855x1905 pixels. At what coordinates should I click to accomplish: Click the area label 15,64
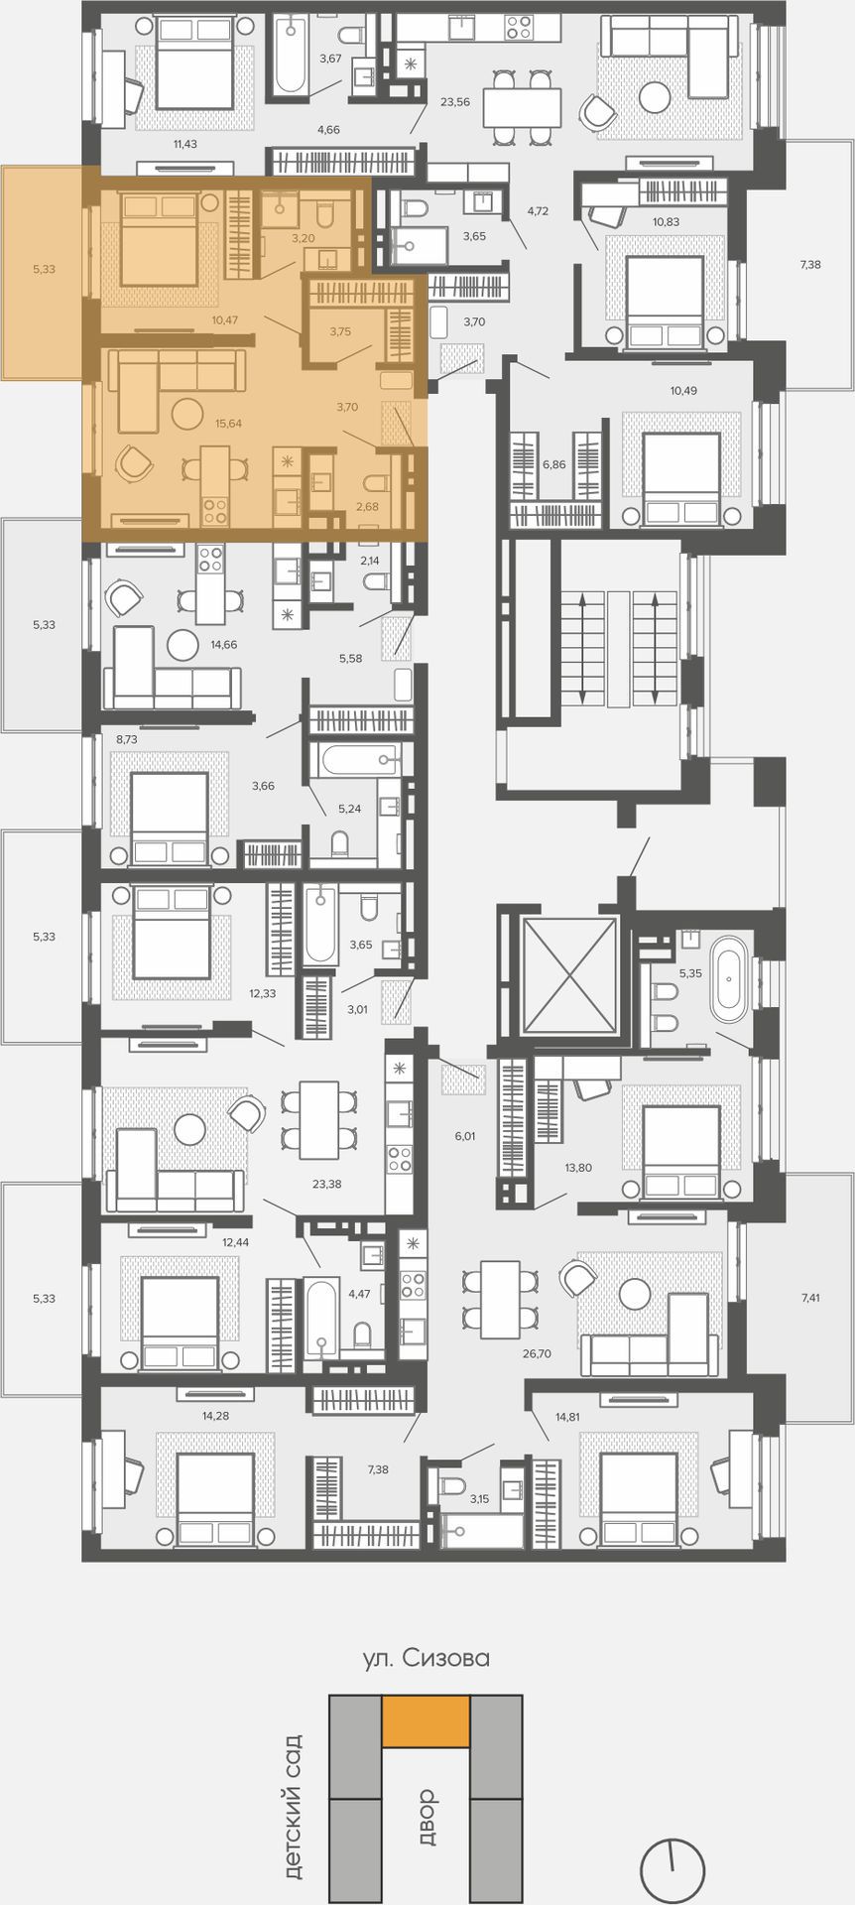pyautogui.click(x=228, y=424)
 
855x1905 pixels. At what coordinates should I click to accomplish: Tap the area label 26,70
pyautogui.click(x=537, y=1352)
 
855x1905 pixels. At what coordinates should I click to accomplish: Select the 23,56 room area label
pyautogui.click(x=455, y=101)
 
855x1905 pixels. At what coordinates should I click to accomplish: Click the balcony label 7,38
pyautogui.click(x=810, y=264)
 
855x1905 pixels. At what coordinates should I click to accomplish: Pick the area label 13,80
pyautogui.click(x=578, y=1168)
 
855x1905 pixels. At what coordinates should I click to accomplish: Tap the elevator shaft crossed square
pyautogui.click(x=569, y=975)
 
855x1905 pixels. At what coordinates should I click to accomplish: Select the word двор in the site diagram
pyautogui.click(x=427, y=1817)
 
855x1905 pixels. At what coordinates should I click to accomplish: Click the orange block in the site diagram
pyautogui.click(x=427, y=1721)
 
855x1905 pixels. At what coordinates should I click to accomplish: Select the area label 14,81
pyautogui.click(x=567, y=1417)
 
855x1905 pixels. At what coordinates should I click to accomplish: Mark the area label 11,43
pyautogui.click(x=185, y=145)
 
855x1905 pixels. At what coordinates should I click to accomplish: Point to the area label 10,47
pyautogui.click(x=225, y=320)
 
